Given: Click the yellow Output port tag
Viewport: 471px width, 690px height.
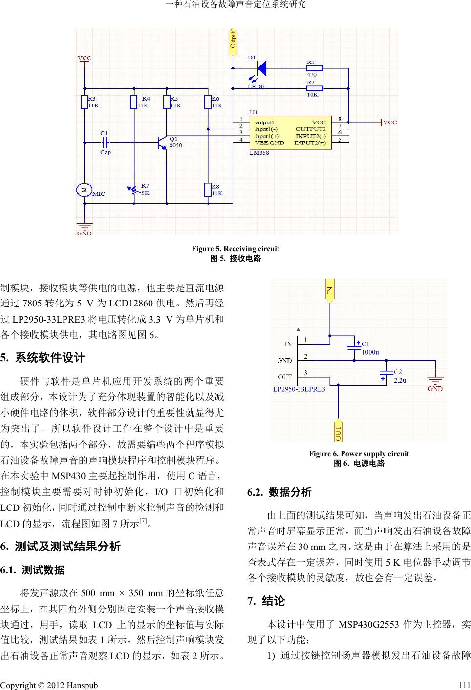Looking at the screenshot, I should click(234, 41).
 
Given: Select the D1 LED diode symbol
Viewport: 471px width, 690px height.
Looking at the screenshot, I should click(261, 68).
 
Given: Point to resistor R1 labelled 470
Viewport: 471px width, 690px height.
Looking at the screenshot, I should click(314, 68).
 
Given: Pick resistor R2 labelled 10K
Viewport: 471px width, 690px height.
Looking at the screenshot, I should click(314, 88).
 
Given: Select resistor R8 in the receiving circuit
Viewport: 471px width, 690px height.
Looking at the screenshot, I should click(208, 189).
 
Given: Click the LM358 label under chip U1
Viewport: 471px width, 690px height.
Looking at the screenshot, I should click(259, 153).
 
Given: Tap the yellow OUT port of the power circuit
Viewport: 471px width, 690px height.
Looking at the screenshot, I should click(338, 430).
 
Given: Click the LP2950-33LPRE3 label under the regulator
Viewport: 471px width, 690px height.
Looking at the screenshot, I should click(299, 389).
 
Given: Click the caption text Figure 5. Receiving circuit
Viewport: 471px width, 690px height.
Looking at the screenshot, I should click(235, 249).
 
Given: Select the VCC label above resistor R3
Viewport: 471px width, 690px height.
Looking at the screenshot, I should click(85, 58).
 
